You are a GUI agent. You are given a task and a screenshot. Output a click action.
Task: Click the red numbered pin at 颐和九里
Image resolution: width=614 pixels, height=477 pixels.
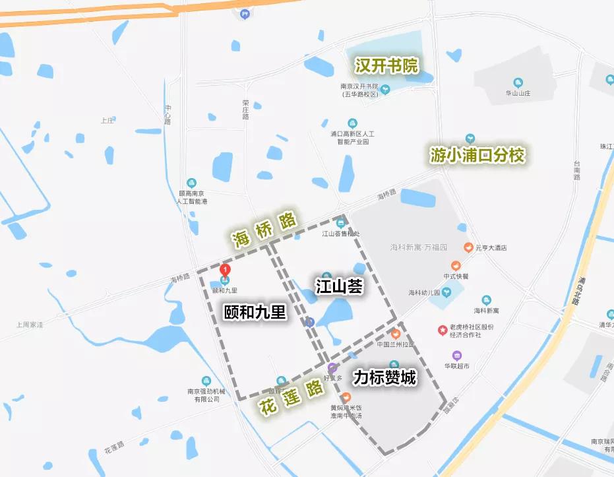tap(226, 270)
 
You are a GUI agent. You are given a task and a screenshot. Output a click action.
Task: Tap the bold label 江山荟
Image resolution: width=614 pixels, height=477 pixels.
tap(340, 287)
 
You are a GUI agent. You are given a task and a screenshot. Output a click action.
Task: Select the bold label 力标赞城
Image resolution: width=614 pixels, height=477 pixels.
tap(384, 378)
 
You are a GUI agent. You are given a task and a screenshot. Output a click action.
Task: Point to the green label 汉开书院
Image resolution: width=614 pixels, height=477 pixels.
tap(386, 66)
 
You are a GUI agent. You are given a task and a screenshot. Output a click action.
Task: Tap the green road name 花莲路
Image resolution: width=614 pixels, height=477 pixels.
tap(290, 394)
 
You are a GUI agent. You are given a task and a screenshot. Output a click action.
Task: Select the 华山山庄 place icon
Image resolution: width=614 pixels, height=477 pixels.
tap(518, 83)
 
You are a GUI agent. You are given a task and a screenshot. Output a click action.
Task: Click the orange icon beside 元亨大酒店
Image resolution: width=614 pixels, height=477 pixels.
tap(468, 247)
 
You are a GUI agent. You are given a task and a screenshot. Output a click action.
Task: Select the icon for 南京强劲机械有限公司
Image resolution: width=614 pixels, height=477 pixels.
tap(206, 381)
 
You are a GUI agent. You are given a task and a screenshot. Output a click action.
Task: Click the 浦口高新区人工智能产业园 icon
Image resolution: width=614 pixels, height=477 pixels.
tap(352, 123)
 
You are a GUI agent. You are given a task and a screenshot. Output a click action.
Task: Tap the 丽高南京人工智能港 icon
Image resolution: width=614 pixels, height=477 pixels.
tap(191, 182)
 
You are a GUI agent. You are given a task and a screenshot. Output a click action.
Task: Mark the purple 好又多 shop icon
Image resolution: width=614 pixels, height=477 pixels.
tap(332, 367)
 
